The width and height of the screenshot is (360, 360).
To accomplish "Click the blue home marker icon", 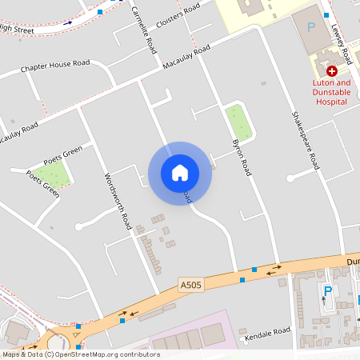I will pyautogui.click(x=180, y=172).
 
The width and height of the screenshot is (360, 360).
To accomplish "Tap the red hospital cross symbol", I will pyautogui.click(x=331, y=71).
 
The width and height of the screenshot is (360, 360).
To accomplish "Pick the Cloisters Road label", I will pyautogui.click(x=178, y=17).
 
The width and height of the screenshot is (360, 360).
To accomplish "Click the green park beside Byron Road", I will pyautogui.click(x=236, y=121).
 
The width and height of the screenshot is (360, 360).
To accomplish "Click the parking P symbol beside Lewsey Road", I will pyautogui.click(x=311, y=26).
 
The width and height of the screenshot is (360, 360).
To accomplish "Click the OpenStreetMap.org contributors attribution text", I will pyautogui.click(x=104, y=354).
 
